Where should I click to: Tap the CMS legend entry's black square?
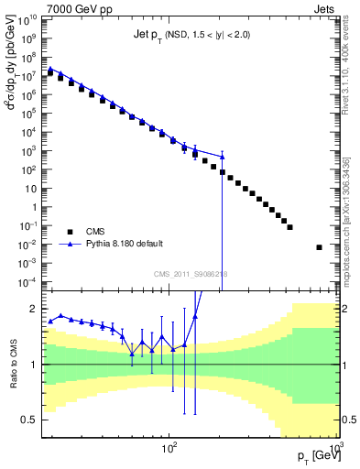[71, 232]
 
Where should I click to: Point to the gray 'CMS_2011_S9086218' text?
[191, 275]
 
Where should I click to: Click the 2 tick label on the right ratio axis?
[345, 310]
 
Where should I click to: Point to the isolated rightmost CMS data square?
[320, 247]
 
